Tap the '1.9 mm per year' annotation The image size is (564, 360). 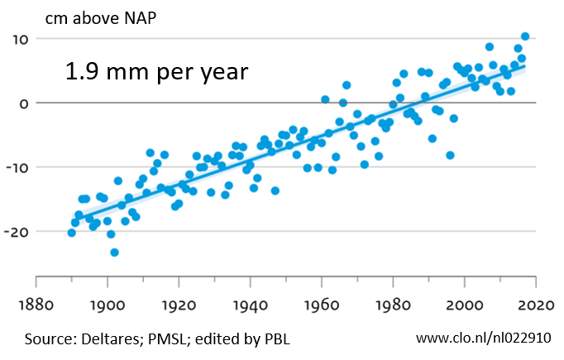[x=157, y=72]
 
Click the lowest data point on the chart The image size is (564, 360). [x=114, y=252]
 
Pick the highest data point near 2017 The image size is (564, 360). [x=525, y=36]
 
